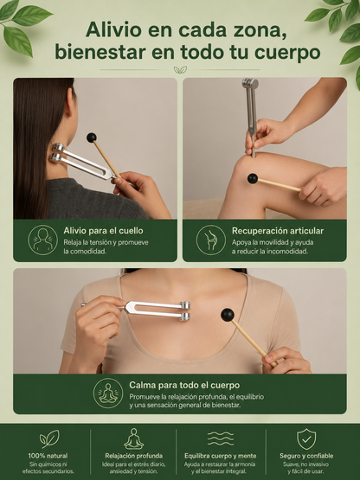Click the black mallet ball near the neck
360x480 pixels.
click(x=92, y=138)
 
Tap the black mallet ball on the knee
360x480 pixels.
click(x=253, y=178)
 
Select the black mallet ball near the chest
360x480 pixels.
click(x=228, y=315)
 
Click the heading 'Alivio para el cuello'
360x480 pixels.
click(x=103, y=231)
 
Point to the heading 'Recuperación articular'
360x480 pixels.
click(x=278, y=231)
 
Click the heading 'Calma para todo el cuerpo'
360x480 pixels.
click(x=184, y=385)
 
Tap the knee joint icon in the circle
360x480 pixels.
click(x=211, y=240)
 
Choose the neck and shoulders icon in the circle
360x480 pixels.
click(x=43, y=240)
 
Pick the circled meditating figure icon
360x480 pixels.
click(x=108, y=393)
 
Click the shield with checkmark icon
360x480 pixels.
click(x=306, y=439)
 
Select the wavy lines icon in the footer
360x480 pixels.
click(x=221, y=438)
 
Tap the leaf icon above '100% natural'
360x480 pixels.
click(x=49, y=438)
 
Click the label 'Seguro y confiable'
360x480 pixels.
click(x=306, y=456)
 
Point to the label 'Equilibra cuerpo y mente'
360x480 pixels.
click(x=221, y=456)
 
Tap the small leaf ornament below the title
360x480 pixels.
click(x=180, y=70)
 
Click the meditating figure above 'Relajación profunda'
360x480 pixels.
click(x=133, y=438)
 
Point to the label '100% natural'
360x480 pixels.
click(x=48, y=456)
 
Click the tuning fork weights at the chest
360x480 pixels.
click(x=184, y=311)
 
